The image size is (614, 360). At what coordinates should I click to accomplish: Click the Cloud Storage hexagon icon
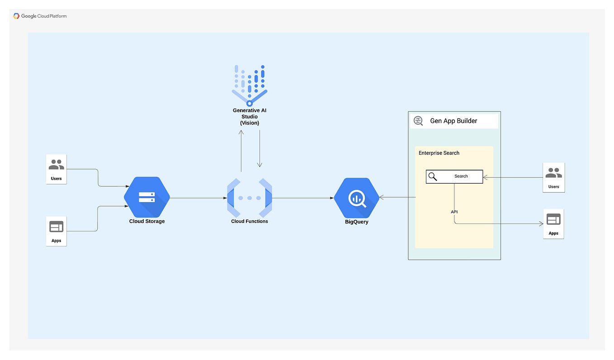click(147, 197)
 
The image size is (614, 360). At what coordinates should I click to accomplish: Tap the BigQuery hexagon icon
click(357, 198)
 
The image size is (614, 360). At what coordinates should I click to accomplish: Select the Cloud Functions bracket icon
click(250, 198)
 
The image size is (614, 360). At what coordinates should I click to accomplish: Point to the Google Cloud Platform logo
click(40, 16)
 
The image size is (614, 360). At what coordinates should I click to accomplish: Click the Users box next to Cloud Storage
click(57, 169)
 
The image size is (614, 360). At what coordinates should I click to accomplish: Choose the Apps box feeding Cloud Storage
click(57, 231)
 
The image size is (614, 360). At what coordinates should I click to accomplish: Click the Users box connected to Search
click(553, 177)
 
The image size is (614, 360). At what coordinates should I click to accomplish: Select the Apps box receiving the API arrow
click(553, 224)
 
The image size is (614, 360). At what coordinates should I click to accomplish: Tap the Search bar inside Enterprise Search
click(454, 176)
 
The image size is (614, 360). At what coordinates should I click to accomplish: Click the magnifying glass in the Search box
click(433, 176)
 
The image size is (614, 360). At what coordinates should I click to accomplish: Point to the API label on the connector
click(454, 212)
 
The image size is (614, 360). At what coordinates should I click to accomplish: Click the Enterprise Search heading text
click(439, 153)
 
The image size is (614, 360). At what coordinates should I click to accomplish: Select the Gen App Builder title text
click(453, 121)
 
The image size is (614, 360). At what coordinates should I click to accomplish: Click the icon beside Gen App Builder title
click(419, 121)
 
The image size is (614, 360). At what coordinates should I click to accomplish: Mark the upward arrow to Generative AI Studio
click(241, 151)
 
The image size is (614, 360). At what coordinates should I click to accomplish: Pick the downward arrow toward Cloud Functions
click(260, 149)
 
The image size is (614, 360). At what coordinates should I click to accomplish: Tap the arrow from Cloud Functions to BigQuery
click(303, 198)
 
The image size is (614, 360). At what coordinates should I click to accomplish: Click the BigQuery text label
click(357, 222)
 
